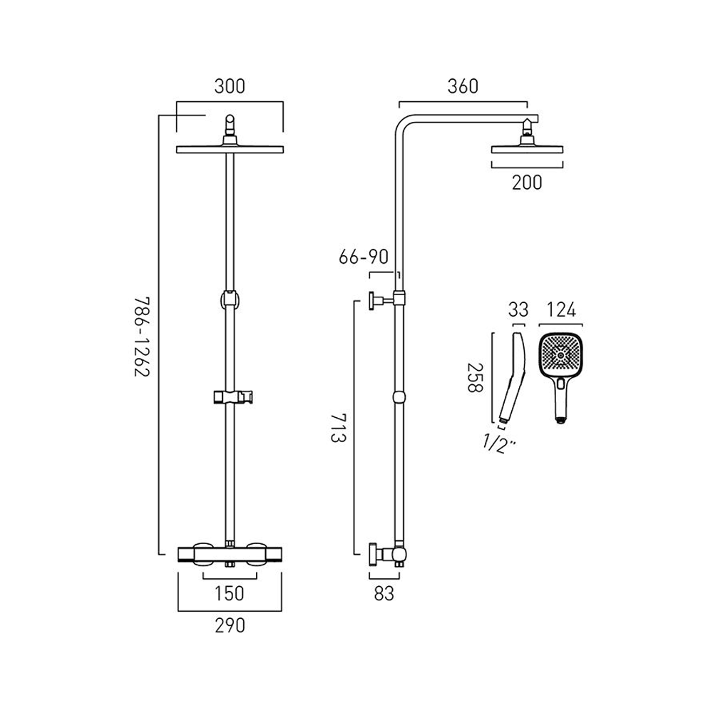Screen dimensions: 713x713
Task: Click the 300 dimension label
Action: point(230,87)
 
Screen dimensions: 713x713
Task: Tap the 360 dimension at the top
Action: point(463,87)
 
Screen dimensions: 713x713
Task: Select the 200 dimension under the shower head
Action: point(527,183)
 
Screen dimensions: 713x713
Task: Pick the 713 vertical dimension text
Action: point(339,426)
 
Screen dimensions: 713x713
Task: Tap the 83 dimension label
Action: point(384,593)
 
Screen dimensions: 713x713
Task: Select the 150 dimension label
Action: point(230,593)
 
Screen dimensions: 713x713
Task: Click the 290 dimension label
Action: point(230,625)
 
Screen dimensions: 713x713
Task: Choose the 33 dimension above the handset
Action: point(518,309)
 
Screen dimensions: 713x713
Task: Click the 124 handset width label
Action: point(560,309)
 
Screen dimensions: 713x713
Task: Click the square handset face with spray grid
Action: point(560,354)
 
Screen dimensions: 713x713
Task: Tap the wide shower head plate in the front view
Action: point(230,149)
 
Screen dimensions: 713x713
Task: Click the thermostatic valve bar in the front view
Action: point(230,553)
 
